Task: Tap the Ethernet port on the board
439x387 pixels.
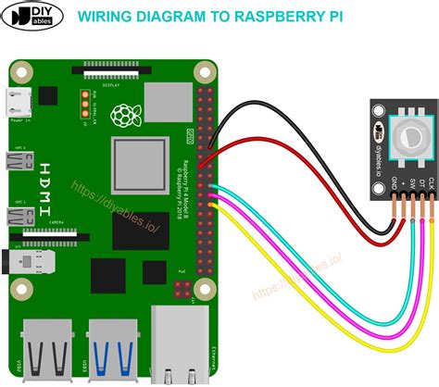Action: (175, 347)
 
